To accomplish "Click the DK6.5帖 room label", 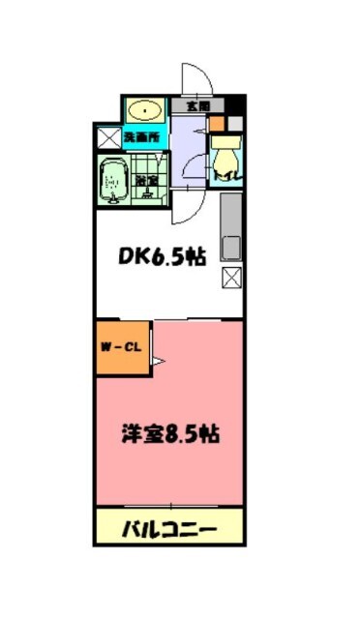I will pyautogui.click(x=163, y=257).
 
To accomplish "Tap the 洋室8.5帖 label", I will pyautogui.click(x=169, y=434).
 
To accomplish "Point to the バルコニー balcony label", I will pyautogui.click(x=168, y=529).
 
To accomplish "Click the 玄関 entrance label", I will pyautogui.click(x=197, y=105).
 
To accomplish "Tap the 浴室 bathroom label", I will pyautogui.click(x=147, y=181).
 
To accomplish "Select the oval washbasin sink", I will pyautogui.click(x=145, y=108).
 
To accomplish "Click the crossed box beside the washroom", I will pyautogui.click(x=107, y=136).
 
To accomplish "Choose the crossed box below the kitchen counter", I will pyautogui.click(x=232, y=280).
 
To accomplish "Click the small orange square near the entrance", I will pyautogui.click(x=216, y=124).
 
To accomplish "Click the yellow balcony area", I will pyautogui.click(x=168, y=529).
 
